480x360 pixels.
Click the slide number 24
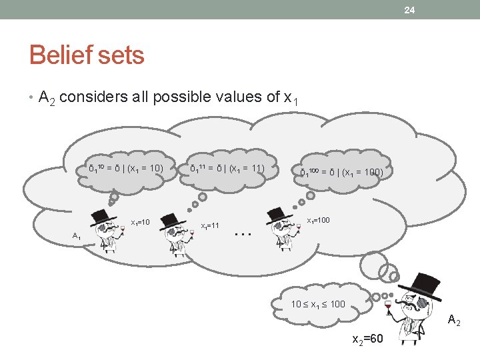[x=409, y=9]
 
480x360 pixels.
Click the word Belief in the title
[x=61, y=55]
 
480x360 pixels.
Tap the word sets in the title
[x=121, y=55]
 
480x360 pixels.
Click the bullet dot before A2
[x=31, y=98]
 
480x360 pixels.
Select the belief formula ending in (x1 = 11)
[x=227, y=169]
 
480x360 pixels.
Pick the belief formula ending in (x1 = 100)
[x=341, y=172]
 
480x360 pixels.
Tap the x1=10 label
[x=140, y=222]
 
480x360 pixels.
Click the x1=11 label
[x=210, y=226]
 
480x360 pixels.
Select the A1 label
[x=77, y=235]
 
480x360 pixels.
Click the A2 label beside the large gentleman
[x=454, y=321]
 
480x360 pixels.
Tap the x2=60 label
[x=367, y=339]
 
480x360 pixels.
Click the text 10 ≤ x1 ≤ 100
[x=318, y=304]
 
